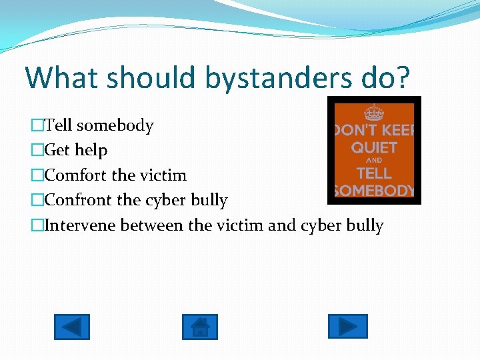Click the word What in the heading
[x=63, y=77]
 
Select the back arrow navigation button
[x=71, y=327]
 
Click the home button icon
[x=199, y=327]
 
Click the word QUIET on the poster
[x=374, y=147]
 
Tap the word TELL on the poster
[x=374, y=173]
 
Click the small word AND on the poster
[x=374, y=161]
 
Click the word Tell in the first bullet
[x=59, y=125]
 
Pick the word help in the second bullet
[x=91, y=151]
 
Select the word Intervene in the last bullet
[x=81, y=225]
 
